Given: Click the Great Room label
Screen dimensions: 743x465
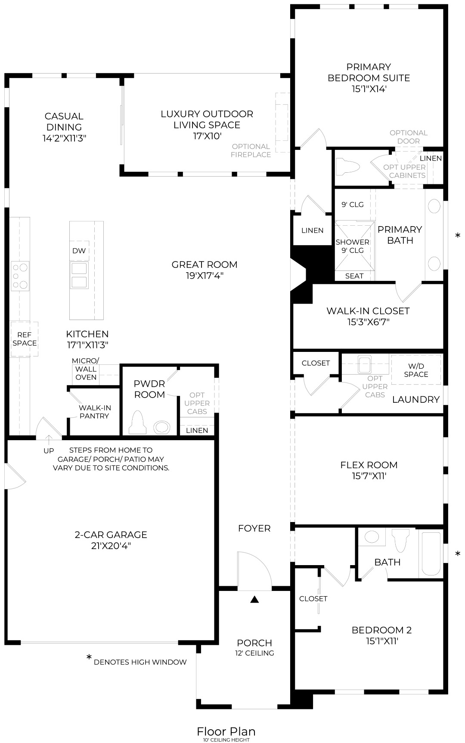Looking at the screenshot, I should tap(205, 264).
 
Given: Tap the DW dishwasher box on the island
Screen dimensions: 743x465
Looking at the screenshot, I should tap(79, 251).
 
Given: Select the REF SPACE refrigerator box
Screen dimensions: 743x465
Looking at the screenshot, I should tap(25, 339).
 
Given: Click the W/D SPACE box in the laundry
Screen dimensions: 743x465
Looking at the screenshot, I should tap(416, 370).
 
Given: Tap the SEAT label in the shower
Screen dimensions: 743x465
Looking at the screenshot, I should tap(354, 276).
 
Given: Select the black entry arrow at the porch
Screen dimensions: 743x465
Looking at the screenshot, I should tap(254, 599).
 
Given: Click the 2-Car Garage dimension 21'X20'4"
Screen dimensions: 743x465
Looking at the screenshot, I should tap(111, 546).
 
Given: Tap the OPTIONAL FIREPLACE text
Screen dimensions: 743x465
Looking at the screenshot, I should tap(251, 150).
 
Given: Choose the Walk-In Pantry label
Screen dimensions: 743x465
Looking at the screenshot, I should tap(94, 412).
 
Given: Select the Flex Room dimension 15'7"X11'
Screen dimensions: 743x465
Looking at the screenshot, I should tap(369, 476).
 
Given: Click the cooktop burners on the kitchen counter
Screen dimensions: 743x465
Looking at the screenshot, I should tap(20, 275).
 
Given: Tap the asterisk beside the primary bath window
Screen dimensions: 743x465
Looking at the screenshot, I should tap(458, 236).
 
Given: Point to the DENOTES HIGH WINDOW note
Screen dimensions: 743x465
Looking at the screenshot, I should tap(140, 662).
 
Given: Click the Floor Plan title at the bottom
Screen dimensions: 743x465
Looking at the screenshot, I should tap(226, 731).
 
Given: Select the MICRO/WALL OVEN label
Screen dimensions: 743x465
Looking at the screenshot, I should tap(86, 369).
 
